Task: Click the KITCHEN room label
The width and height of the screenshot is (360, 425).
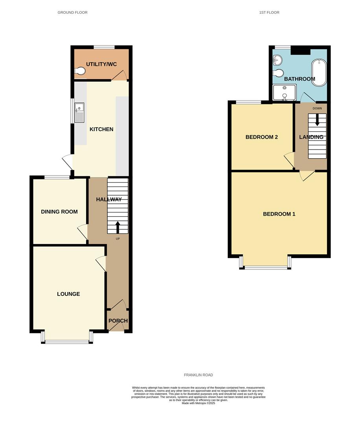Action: (102, 129)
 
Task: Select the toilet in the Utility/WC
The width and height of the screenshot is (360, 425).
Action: (80, 71)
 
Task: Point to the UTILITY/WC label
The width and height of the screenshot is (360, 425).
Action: (102, 64)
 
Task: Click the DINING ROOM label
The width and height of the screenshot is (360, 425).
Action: (59, 212)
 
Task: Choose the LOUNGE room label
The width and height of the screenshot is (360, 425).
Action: (68, 294)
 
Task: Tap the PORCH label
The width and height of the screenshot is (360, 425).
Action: (118, 321)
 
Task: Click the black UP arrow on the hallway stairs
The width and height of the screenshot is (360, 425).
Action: (118, 227)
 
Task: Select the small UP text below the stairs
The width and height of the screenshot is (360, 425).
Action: (118, 239)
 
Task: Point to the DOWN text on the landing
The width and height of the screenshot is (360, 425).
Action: (317, 108)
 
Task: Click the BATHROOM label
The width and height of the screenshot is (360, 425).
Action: (299, 79)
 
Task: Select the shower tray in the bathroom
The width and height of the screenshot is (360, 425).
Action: (284, 93)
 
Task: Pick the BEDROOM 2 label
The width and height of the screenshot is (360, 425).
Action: (262, 137)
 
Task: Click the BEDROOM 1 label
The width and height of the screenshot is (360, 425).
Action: (279, 214)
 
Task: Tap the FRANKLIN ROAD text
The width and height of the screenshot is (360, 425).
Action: (198, 375)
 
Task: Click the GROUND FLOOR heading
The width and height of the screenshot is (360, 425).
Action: (72, 13)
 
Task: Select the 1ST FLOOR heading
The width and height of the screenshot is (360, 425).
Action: (269, 13)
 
